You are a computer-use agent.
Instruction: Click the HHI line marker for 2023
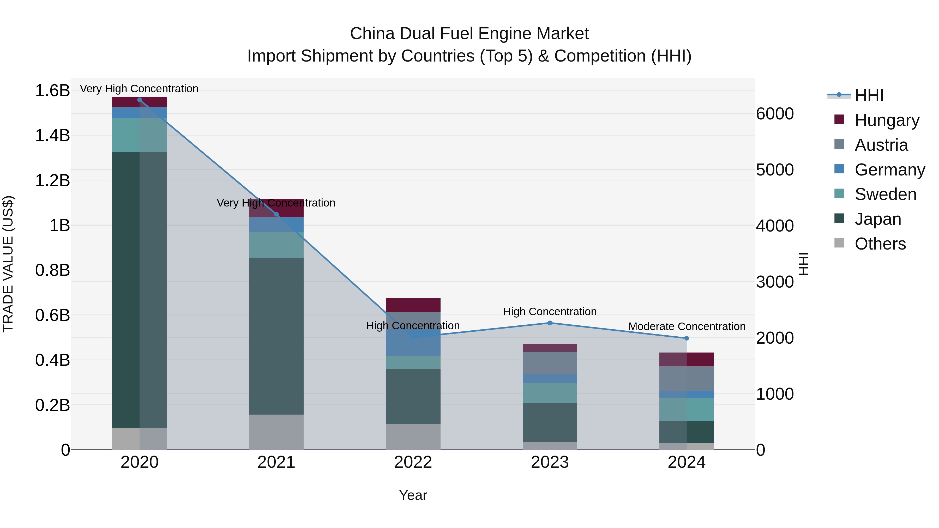click(550, 323)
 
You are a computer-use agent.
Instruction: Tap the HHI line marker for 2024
click(687, 338)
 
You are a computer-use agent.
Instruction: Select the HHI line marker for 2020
click(140, 100)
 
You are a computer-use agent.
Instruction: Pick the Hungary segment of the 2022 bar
click(413, 305)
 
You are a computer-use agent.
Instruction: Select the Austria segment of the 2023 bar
click(550, 363)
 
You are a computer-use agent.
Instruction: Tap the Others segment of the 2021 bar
click(276, 432)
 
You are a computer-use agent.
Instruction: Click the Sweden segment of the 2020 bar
click(140, 135)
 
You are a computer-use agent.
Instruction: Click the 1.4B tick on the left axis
click(52, 136)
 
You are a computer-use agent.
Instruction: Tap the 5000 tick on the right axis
click(775, 170)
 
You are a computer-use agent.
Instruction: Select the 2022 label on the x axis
click(413, 462)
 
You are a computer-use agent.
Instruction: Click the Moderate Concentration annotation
click(687, 326)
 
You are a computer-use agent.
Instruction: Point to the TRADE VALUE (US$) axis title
click(8, 264)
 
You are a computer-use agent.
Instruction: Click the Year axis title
click(413, 495)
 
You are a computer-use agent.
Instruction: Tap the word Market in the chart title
click(562, 34)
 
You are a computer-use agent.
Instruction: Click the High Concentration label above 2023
click(550, 312)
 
